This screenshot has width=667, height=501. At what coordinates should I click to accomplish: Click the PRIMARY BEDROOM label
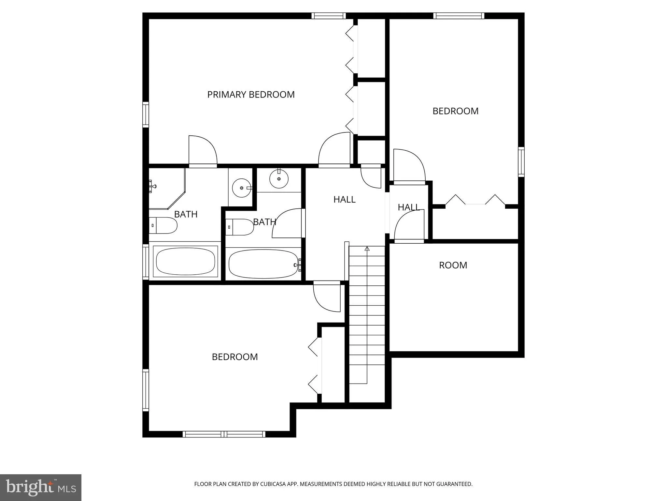point(251,95)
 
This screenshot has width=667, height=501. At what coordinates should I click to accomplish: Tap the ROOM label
point(453,265)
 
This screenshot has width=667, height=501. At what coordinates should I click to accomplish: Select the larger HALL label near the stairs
point(344,199)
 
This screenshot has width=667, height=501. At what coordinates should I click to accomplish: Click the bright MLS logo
point(41,487)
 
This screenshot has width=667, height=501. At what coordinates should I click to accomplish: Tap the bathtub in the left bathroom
point(185,262)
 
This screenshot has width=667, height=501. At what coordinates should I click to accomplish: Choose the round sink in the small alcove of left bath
point(241,188)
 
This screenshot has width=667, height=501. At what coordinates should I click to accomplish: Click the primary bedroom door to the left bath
point(203,151)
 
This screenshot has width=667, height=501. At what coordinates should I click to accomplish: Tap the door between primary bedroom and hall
point(334,150)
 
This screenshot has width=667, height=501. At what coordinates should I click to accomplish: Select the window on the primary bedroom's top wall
point(328,16)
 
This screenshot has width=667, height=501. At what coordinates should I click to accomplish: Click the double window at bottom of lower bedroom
point(224,434)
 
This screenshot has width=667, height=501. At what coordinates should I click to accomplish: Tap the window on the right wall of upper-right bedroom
point(521,162)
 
